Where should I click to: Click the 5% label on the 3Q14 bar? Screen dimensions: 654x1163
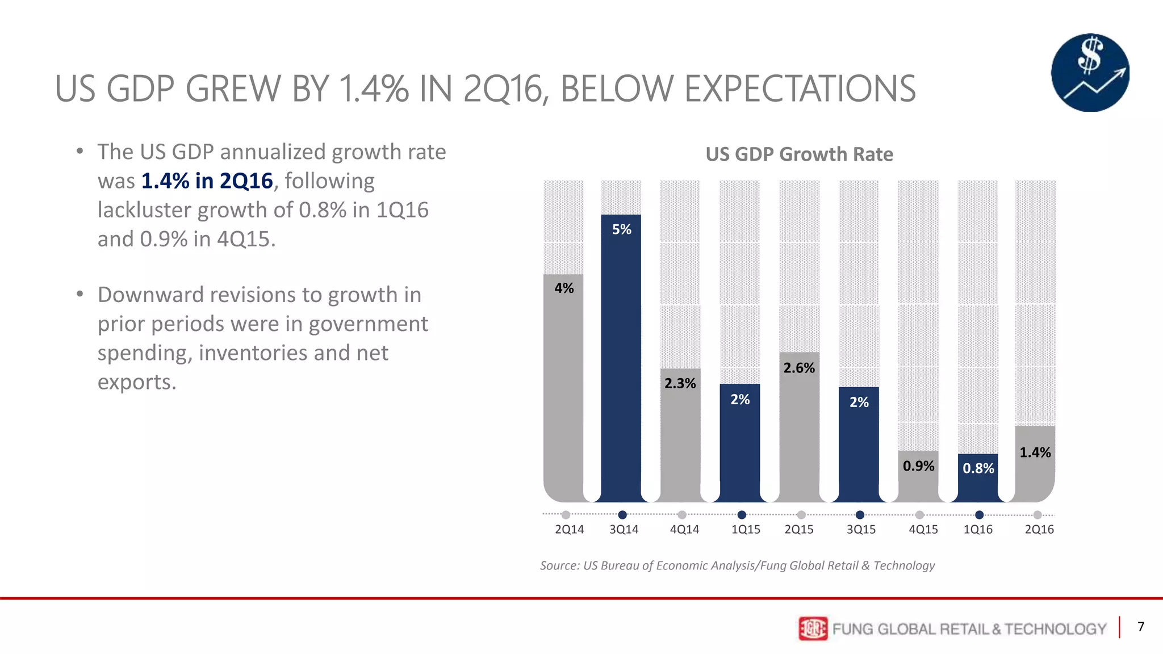621,229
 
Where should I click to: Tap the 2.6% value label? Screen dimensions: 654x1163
798,368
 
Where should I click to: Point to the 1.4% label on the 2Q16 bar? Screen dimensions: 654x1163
1035,452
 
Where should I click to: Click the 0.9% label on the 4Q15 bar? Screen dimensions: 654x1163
918,466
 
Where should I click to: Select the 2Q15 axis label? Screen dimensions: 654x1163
798,529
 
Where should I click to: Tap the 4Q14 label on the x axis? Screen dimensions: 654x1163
684,529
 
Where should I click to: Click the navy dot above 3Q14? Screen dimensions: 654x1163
622,515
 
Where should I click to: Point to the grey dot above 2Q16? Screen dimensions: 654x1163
1038,515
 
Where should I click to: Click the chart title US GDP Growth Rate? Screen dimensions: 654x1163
799,154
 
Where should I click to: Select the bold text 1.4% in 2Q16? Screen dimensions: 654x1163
207,181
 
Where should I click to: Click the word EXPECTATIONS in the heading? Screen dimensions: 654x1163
738,89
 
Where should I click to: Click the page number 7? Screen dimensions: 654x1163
1140,627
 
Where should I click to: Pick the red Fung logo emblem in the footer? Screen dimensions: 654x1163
813,628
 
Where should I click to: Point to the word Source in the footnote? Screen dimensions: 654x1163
559,565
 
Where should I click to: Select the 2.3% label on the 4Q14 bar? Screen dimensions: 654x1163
680,384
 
